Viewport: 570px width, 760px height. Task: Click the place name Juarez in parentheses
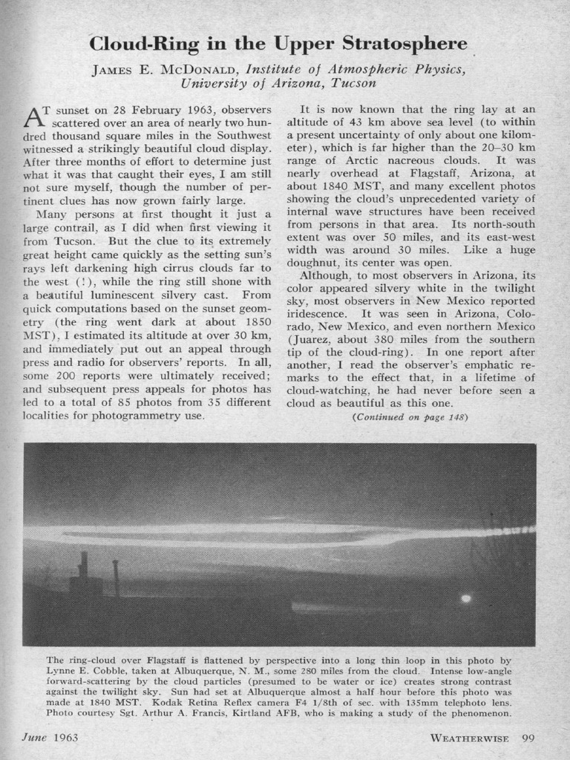(x=309, y=352)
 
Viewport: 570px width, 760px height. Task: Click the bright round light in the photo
(x=465, y=598)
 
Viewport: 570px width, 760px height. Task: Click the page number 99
(x=528, y=738)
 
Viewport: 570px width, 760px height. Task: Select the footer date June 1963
(x=50, y=738)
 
